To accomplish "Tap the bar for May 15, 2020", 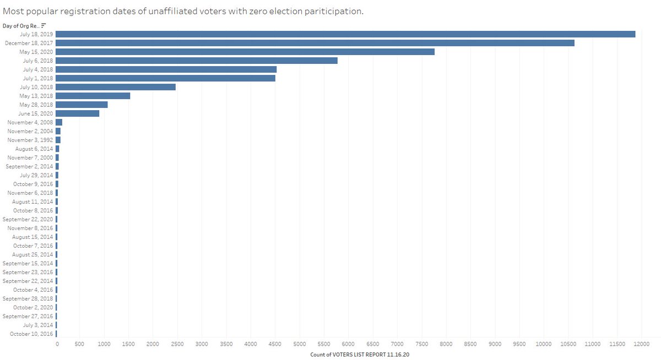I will [x=245, y=52].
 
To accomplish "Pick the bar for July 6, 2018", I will [x=197, y=61].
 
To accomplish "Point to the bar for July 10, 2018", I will [x=116, y=87].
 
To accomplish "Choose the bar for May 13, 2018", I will [x=93, y=96].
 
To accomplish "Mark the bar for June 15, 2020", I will [x=78, y=113].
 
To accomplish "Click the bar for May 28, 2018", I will [x=82, y=105].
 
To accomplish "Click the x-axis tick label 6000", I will [x=349, y=343].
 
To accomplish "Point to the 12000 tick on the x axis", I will [x=641, y=343].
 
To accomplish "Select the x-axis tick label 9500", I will [x=519, y=343].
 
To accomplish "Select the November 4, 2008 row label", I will [x=30, y=122].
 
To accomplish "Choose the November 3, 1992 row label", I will [x=30, y=140].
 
